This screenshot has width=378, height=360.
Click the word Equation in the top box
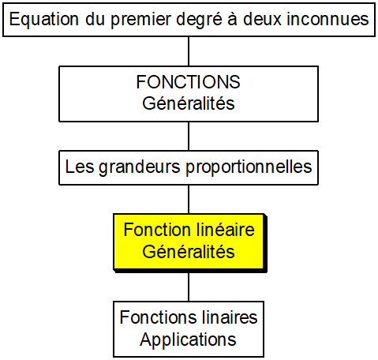coord(44,20)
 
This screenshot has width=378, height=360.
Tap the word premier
coord(140,20)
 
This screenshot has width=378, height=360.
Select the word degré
coord(199,20)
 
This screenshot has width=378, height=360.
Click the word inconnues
coord(327,19)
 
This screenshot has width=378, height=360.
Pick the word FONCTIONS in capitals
coord(188,82)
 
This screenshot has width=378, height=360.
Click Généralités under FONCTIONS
coord(189,103)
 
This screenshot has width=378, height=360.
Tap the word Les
coord(80,167)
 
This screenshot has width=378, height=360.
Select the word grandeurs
coord(140,167)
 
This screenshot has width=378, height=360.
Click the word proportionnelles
coord(249,167)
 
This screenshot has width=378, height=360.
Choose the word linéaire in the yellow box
coord(225,230)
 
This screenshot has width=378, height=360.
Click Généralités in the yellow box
coord(189,251)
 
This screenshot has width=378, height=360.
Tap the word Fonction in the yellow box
coord(157,230)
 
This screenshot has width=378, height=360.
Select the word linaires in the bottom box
coord(227,317)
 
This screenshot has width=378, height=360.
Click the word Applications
coord(188,340)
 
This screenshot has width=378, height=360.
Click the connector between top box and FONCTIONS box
coord(189,51)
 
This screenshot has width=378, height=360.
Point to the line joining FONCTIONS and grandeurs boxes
coord(189,136)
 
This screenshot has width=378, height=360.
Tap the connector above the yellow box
coord(189,199)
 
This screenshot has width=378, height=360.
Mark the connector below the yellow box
coord(189,287)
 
